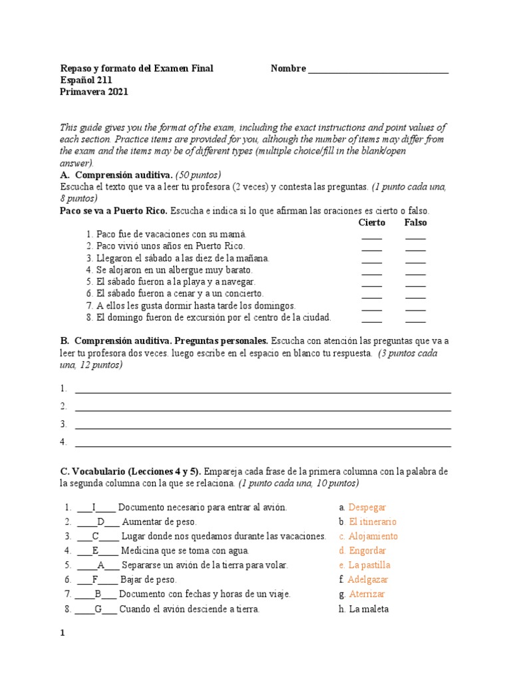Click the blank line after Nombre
point(378,69)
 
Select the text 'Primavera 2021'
point(94,92)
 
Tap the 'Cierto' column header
point(372,222)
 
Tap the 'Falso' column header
point(415,222)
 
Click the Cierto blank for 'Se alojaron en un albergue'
point(372,271)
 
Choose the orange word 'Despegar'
point(367,507)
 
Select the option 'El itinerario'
point(372,522)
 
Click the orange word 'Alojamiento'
point(373,537)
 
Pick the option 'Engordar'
point(367,551)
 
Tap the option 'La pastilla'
point(369,565)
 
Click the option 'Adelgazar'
point(368,580)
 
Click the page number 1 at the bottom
point(63,634)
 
